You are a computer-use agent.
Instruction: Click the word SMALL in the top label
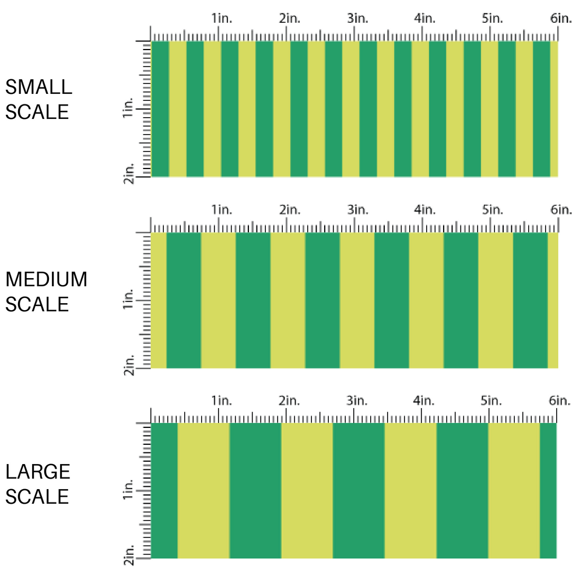click(x=38, y=87)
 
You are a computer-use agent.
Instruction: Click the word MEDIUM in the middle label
click(x=46, y=279)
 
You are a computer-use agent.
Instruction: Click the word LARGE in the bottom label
click(x=38, y=472)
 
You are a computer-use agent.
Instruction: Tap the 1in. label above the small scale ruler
click(x=222, y=18)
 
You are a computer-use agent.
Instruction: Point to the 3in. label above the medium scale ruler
click(x=357, y=209)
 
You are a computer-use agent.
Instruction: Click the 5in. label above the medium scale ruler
click(x=493, y=209)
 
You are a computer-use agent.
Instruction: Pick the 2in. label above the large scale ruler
click(x=289, y=401)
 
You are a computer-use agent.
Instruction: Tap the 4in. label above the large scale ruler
click(x=425, y=401)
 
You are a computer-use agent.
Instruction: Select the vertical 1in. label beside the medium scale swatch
click(x=129, y=301)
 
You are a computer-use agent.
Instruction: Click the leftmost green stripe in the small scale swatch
click(x=160, y=109)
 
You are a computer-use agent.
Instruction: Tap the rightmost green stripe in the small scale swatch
click(x=542, y=109)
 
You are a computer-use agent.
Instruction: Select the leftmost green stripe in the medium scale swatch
click(x=184, y=300)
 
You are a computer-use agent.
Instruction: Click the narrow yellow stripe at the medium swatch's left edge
click(x=159, y=300)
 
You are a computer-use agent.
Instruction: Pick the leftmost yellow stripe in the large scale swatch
click(x=203, y=491)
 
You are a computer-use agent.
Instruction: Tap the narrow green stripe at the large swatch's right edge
click(x=548, y=491)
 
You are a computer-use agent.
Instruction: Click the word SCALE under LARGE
click(x=38, y=496)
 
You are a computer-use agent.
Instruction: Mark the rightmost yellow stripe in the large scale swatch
click(x=514, y=491)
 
